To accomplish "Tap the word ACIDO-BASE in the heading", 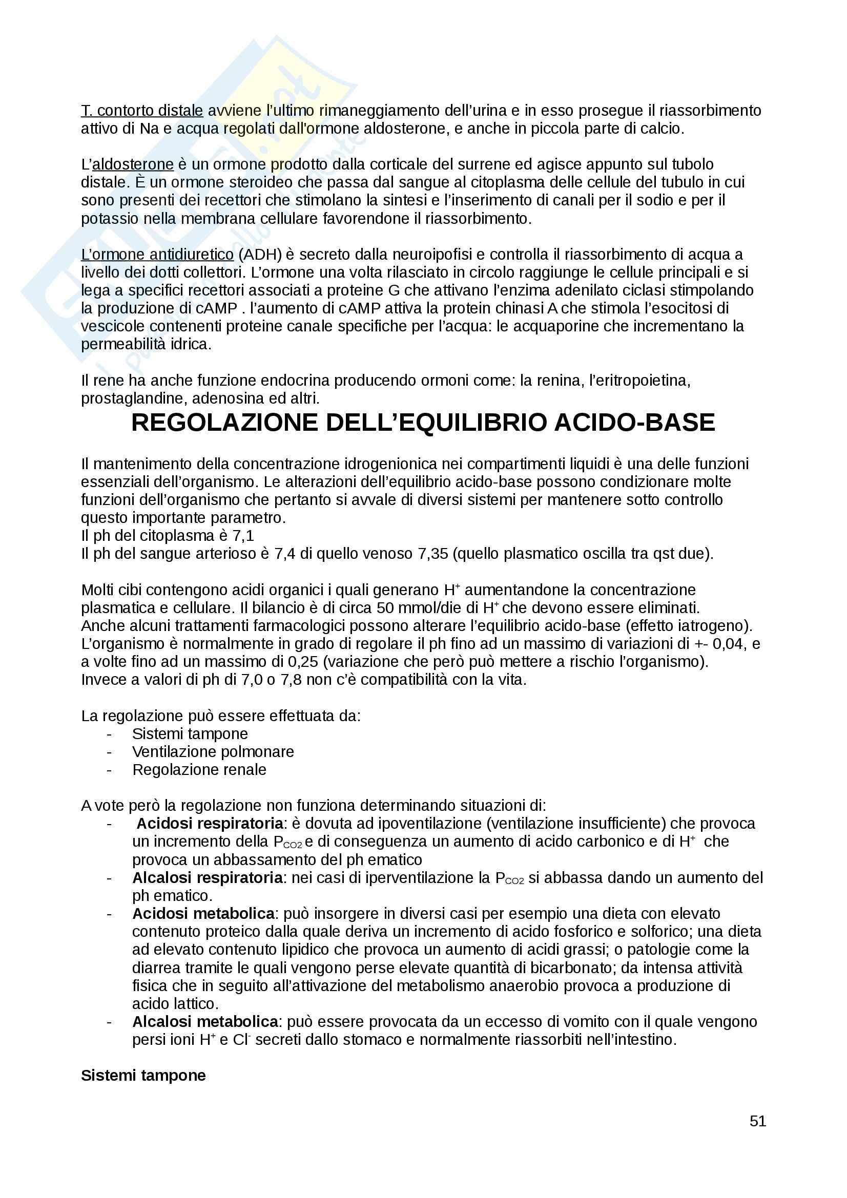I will pos(634,423).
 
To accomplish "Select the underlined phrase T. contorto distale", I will pos(142,111).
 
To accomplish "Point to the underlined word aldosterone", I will pos(133,164).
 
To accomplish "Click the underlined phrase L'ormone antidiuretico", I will pos(157,255).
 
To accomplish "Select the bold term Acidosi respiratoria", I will pos(210,824).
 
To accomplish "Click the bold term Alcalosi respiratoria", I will pos(207,878).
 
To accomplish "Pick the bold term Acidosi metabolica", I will pos(203,914).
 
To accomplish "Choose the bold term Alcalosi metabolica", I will pos(204,1021).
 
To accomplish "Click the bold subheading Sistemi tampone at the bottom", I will pos(143,1076).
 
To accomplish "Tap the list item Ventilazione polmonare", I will pos(213,751).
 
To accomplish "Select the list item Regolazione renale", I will pos(199,770).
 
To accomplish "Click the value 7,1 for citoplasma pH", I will pos(243,536).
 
